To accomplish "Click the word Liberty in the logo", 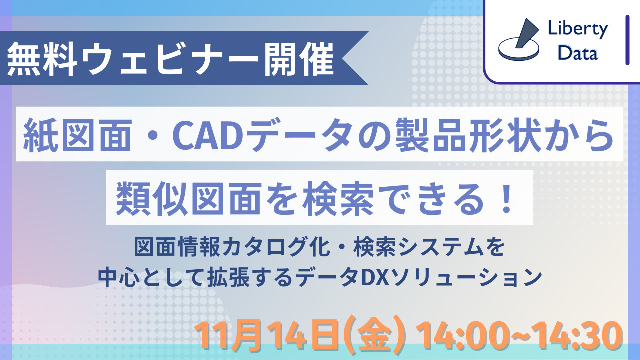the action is (577, 29).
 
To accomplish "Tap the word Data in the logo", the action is (577, 53).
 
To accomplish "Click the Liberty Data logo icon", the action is (518, 40).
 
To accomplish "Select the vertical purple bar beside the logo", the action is (627, 40).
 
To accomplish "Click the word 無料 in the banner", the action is (42, 59).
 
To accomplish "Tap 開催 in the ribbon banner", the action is (299, 59).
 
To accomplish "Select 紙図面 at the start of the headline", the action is (77, 135).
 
